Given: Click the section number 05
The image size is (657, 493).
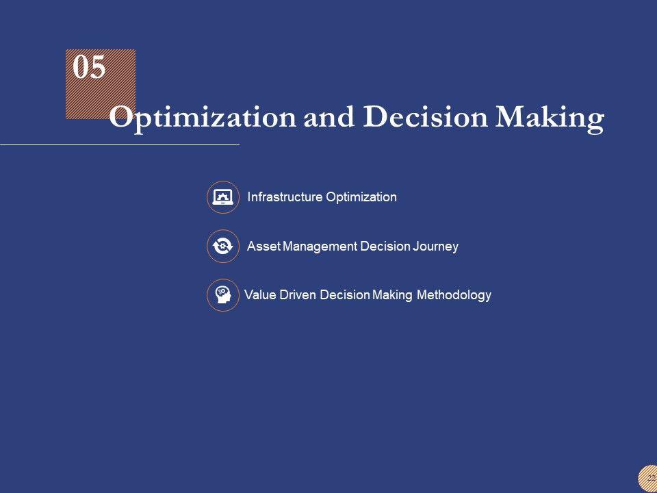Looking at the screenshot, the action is click(x=89, y=67).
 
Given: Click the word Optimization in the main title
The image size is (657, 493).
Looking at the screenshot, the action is click(x=203, y=118).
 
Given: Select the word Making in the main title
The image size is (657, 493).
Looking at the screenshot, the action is click(x=550, y=118).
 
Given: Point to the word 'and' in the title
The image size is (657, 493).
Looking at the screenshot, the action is click(x=329, y=117).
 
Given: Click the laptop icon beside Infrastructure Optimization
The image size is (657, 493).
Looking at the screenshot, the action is click(x=223, y=197).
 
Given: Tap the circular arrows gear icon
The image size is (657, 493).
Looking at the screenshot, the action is click(x=223, y=246).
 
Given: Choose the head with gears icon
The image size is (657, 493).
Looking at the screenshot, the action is click(x=223, y=295).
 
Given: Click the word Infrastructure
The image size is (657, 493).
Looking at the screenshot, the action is click(x=285, y=197).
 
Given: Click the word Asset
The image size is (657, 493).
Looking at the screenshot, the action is click(x=263, y=246).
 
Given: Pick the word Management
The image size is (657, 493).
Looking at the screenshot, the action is click(x=320, y=246).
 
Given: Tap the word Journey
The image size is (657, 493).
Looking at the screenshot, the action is click(x=435, y=246).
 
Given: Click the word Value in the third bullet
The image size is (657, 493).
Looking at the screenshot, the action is click(x=260, y=295).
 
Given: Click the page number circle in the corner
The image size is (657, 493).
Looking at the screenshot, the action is click(x=648, y=479).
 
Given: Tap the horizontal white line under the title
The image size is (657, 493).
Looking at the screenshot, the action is click(x=120, y=144).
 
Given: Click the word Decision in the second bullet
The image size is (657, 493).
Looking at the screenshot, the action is click(x=385, y=246).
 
